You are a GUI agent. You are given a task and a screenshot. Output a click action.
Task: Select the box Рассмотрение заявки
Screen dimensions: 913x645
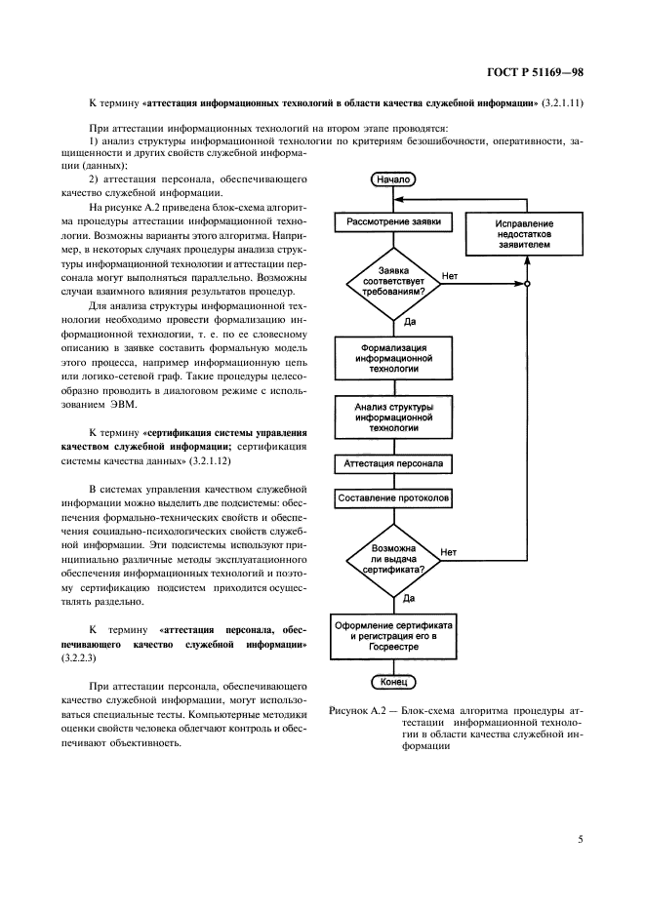click(393, 221)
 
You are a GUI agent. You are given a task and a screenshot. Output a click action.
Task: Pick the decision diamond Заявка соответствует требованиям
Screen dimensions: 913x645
click(393, 283)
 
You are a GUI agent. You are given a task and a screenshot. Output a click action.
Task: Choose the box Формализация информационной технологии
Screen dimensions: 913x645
click(393, 358)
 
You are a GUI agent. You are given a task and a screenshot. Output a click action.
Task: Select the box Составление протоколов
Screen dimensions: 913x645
click(393, 498)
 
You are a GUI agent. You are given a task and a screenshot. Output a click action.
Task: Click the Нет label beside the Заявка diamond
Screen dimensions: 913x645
click(450, 276)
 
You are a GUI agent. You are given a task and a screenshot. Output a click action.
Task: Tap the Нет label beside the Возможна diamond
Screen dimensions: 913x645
click(449, 552)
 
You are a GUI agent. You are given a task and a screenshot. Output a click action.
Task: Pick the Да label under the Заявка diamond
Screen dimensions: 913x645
click(409, 320)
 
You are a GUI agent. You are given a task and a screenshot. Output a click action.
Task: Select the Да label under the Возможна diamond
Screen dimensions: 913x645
click(409, 597)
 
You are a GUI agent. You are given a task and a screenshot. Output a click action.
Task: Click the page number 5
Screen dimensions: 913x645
click(580, 837)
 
